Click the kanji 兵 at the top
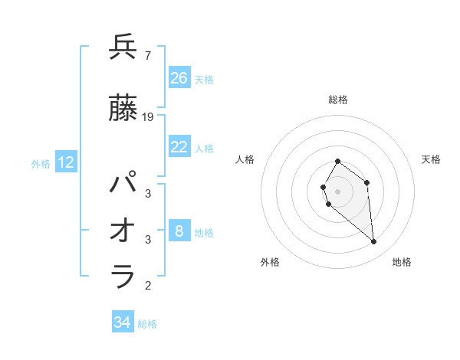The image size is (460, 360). (123, 47)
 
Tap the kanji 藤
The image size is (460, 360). (123, 110)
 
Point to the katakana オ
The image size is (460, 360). (123, 231)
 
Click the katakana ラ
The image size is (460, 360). (123, 277)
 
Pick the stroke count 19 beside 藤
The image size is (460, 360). (148, 117)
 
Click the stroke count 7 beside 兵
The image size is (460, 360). (147, 55)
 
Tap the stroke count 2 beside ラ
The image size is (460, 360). (148, 286)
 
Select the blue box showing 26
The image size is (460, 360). (179, 78)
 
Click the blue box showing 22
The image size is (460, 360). (179, 147)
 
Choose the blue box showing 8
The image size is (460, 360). (179, 231)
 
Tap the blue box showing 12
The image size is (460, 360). (66, 162)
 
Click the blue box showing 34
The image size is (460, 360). (123, 323)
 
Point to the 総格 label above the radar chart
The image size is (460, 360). (338, 100)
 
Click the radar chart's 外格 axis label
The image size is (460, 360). (270, 262)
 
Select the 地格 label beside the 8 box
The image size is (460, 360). (205, 232)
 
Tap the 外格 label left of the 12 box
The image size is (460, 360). (41, 163)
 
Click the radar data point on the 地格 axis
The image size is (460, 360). (374, 242)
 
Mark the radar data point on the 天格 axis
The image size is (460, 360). (367, 182)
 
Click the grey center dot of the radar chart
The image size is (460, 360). (338, 190)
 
